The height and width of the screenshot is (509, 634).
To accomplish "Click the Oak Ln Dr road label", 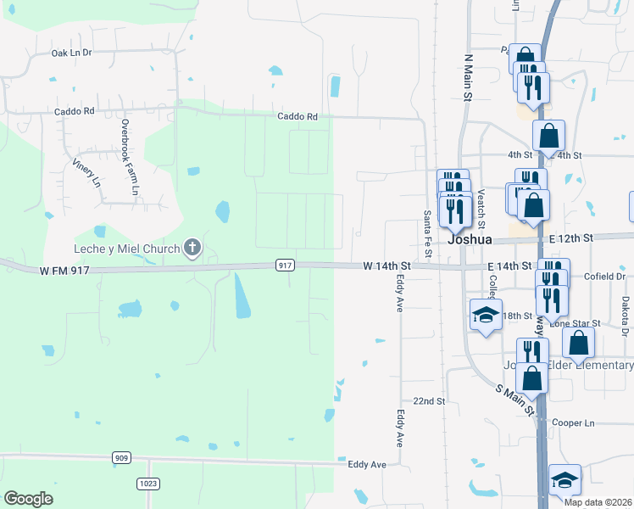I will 71,53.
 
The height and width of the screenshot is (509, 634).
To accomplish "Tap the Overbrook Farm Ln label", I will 128,158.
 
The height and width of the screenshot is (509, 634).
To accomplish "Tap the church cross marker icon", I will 192,249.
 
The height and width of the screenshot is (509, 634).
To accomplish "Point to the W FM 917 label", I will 65,271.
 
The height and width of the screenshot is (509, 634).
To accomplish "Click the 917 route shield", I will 285,266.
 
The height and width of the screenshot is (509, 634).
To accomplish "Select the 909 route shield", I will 122,458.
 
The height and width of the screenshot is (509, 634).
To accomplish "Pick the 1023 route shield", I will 149,484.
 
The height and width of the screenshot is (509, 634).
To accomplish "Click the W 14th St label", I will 387,266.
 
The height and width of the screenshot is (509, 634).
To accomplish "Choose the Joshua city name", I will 470,239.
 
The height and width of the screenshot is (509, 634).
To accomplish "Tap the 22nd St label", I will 429,400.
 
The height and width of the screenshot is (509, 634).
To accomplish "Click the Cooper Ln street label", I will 573,422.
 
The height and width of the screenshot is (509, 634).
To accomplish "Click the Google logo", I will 28,499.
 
